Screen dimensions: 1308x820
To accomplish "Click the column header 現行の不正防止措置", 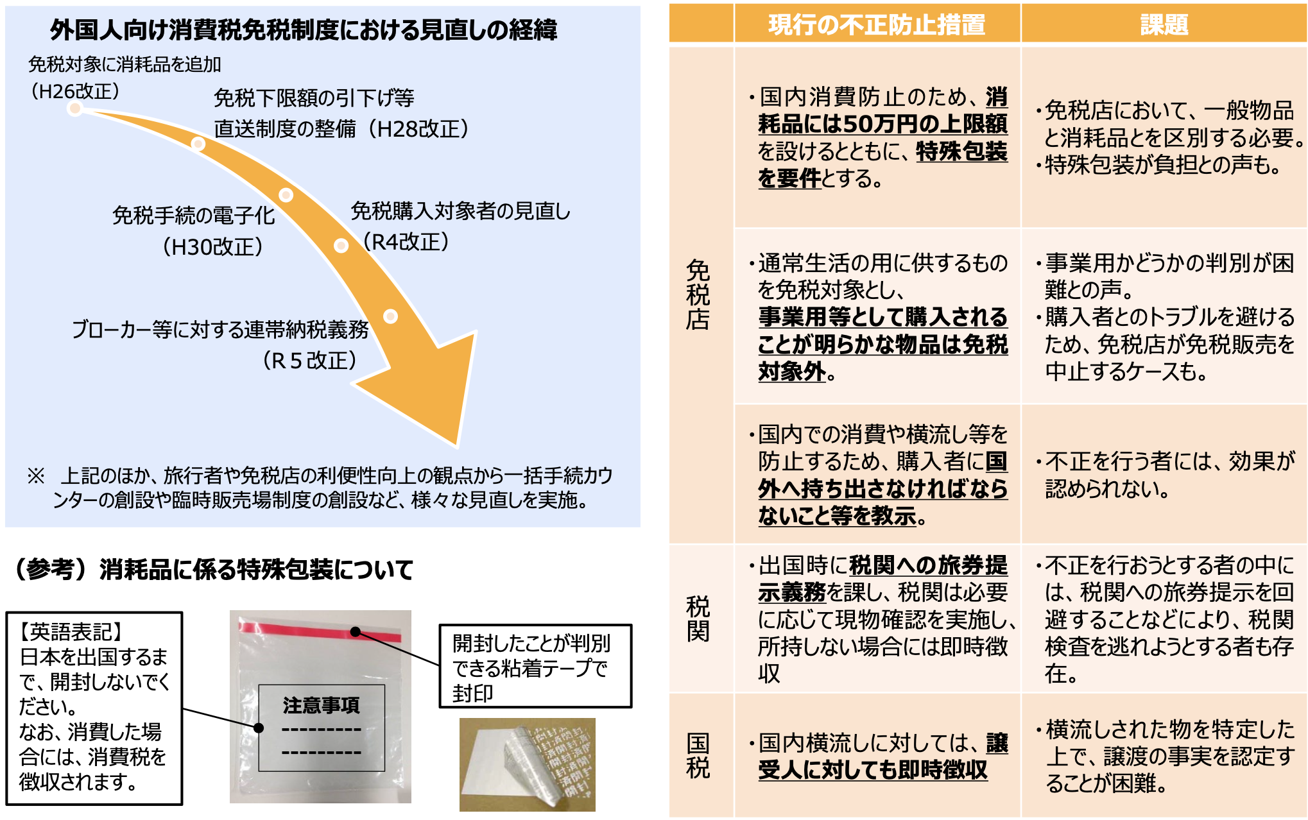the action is [x=877, y=24].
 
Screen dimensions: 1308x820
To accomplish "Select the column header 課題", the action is [x=1164, y=24].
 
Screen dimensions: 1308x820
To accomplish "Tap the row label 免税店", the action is [x=698, y=295].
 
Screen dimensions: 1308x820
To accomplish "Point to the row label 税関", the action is [x=698, y=619].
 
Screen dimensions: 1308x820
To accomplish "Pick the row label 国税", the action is [x=698, y=755].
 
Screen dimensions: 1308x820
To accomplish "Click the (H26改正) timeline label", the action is [x=75, y=91].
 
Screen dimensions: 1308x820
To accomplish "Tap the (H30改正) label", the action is [x=212, y=246].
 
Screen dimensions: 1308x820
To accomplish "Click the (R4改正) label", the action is [x=405, y=242].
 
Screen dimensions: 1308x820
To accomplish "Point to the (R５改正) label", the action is [x=309, y=361].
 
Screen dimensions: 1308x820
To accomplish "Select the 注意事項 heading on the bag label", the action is [x=321, y=705].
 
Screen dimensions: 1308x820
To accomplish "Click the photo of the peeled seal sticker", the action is [x=528, y=764].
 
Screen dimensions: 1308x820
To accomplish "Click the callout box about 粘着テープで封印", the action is [x=535, y=666].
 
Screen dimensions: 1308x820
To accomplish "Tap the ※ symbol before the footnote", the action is [x=36, y=475].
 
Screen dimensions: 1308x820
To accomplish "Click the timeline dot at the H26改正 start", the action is [x=75, y=108].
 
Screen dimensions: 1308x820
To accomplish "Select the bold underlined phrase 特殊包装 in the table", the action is [x=961, y=151].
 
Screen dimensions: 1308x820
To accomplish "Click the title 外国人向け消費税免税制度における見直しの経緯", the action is [x=304, y=30].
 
